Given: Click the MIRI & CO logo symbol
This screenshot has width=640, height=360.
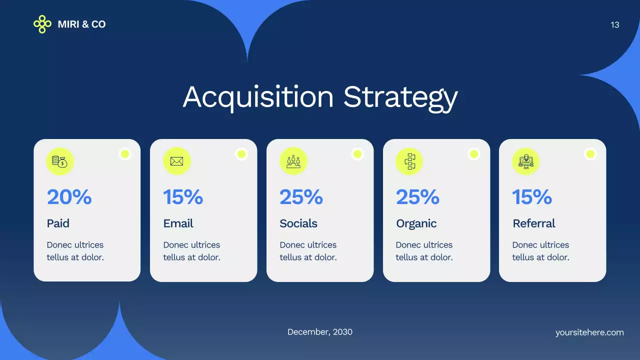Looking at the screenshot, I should pos(42,24).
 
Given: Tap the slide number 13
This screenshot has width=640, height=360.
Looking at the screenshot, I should pos(615,25).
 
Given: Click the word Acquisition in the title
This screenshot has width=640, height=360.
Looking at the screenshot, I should pos(258,97).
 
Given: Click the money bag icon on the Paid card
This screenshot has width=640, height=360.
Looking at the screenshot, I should pos(60,161).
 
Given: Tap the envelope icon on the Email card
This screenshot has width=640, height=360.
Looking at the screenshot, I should pos(176,161).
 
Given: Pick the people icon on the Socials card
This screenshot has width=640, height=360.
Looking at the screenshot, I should pos(293,161).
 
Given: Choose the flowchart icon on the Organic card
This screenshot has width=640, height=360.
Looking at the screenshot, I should pos(409,161).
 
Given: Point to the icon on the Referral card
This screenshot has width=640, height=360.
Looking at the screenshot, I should pos(525,161).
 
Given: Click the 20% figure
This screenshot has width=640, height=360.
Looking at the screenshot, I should pos(69,197).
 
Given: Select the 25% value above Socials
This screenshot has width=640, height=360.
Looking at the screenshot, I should pos(301,197).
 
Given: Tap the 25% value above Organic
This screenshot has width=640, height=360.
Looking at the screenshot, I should pos(417,197).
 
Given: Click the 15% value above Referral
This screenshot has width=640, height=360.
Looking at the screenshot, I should pos(532,197).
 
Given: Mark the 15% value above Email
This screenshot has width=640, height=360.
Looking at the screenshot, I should pos(183,197).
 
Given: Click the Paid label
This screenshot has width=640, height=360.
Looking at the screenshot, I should pos(58,223).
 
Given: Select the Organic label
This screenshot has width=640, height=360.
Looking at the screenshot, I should pos(416,223).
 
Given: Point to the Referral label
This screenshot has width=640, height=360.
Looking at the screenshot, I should pos(534,223).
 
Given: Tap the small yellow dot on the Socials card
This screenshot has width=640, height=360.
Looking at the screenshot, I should pos(357,154).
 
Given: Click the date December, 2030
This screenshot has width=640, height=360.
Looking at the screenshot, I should pos(320,332).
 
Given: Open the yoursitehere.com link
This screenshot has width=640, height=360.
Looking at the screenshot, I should pos(589,332).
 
